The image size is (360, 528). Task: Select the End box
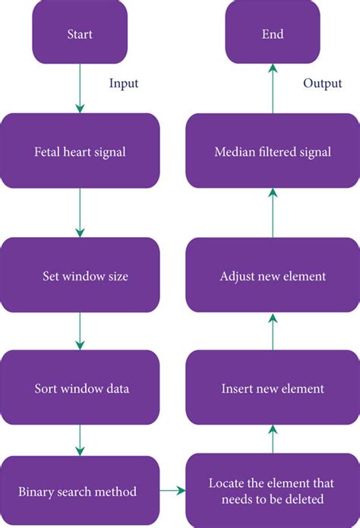pyautogui.click(x=273, y=33)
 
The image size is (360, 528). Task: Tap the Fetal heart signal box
pyautogui.click(x=81, y=151)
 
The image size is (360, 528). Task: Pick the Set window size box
pyautogui.click(x=81, y=276)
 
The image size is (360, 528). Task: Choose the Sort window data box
pyautogui.click(x=81, y=388)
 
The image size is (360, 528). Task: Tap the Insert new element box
pyautogui.click(x=272, y=388)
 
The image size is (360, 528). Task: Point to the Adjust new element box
pyautogui.click(x=272, y=276)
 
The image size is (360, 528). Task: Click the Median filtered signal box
pyautogui.click(x=272, y=151)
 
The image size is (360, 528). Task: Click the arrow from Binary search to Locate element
pyautogui.click(x=172, y=491)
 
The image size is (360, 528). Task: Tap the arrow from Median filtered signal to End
pyautogui.click(x=272, y=90)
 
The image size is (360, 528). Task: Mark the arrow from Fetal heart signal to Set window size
pyautogui.click(x=81, y=213)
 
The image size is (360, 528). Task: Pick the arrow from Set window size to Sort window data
pyautogui.click(x=81, y=332)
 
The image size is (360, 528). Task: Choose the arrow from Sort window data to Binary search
pyautogui.click(x=81, y=439)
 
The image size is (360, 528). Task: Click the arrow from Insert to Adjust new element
pyautogui.click(x=272, y=332)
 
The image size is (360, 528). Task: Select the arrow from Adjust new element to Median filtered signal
pyautogui.click(x=272, y=213)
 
